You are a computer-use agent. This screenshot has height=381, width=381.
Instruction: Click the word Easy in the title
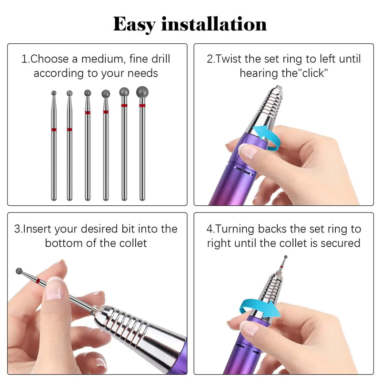[x=134, y=25]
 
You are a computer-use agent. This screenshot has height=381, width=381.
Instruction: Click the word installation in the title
[x=214, y=24]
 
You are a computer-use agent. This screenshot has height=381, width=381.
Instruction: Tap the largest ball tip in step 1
[x=142, y=92]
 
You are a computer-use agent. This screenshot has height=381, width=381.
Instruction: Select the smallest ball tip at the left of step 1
[x=54, y=93]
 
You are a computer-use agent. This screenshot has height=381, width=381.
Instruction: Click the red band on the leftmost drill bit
[x=54, y=130]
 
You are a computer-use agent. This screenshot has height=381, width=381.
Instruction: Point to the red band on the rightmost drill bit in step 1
[x=142, y=105]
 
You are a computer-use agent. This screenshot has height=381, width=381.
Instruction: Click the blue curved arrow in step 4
[x=260, y=308]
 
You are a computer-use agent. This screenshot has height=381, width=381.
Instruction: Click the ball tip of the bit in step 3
[x=19, y=271]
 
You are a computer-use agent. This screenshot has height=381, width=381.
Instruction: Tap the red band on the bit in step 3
[x=38, y=281]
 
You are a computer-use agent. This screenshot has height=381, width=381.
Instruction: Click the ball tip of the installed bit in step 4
[x=286, y=257]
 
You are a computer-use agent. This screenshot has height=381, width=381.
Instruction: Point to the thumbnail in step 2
[x=247, y=151]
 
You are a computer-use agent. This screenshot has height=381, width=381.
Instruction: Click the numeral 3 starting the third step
[x=17, y=229]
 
